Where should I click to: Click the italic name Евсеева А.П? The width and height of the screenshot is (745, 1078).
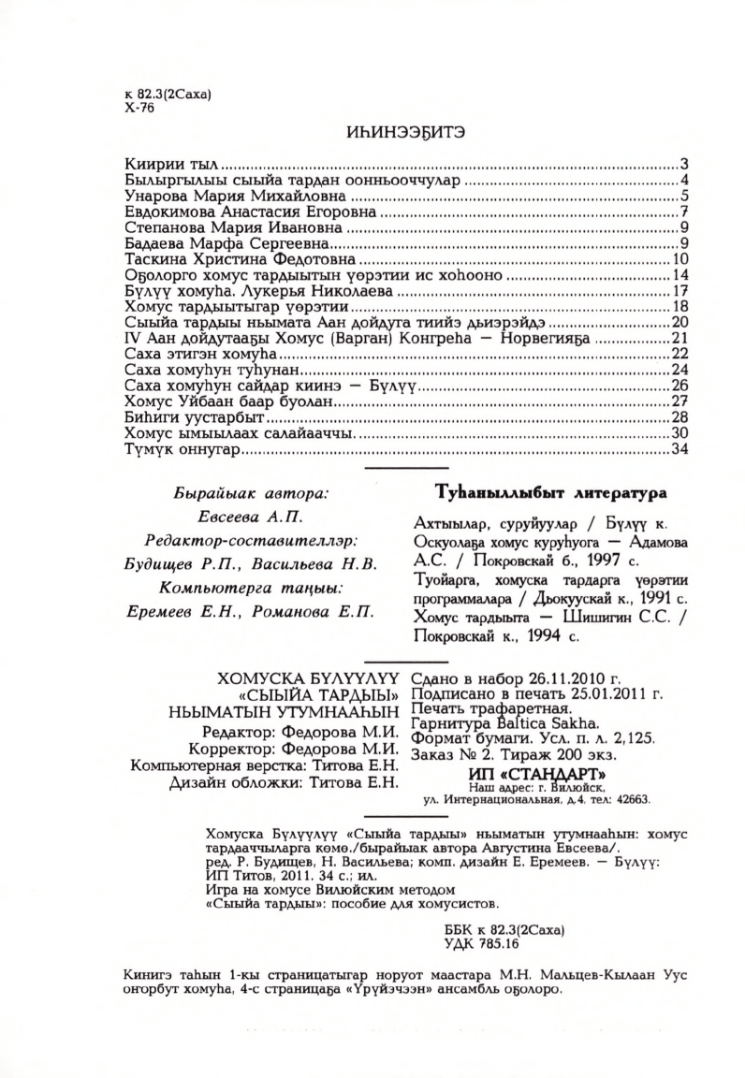[x=252, y=517]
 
